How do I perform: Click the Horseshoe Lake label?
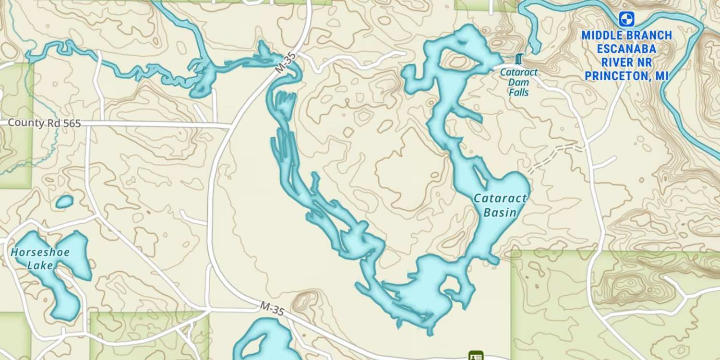[x=40, y=258]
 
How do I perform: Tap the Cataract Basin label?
[x=500, y=205]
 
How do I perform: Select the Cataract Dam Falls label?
[x=519, y=82]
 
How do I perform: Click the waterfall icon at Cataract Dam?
[x=517, y=60]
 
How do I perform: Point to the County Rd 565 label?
[x=44, y=123]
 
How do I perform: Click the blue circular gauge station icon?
[x=626, y=19]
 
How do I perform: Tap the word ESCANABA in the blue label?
[x=626, y=49]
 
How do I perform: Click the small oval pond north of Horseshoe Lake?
[x=64, y=202]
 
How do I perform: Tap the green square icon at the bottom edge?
[x=476, y=356]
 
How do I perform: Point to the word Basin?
[x=500, y=212]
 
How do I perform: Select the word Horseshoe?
[x=40, y=252]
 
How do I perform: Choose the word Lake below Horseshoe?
[x=40, y=265]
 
